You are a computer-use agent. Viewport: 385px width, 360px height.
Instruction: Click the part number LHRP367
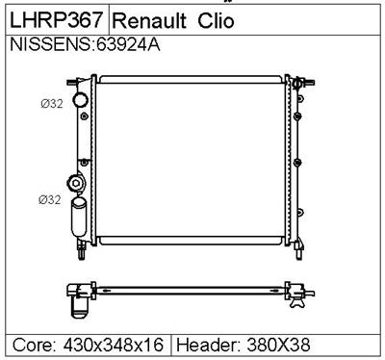pyautogui.click(x=56, y=20)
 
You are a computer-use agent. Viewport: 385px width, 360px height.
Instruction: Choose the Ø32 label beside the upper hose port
pyautogui.click(x=51, y=103)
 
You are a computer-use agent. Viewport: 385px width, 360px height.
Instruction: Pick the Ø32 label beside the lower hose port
pyautogui.click(x=50, y=199)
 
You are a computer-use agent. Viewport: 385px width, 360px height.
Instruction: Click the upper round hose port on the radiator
pyautogui.click(x=80, y=101)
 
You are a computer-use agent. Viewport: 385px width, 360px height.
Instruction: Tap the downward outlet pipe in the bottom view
pyautogui.click(x=76, y=306)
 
